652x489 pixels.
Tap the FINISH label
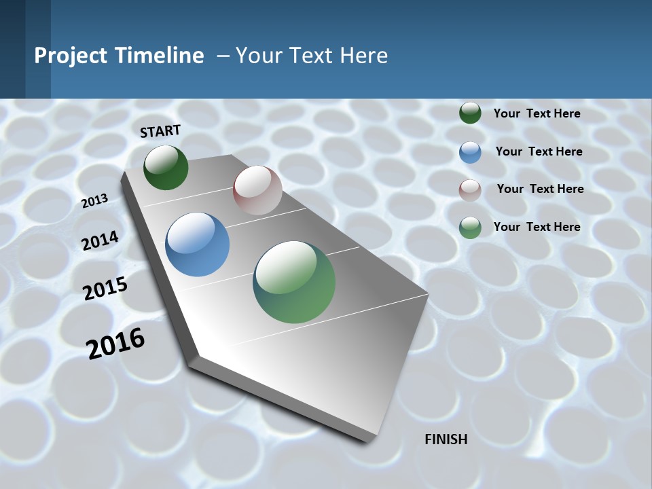pos(446,439)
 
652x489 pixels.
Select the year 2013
pos(95,200)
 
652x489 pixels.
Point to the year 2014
pos(101,240)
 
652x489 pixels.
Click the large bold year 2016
pos(116,343)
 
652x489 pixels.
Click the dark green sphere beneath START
pos(166,167)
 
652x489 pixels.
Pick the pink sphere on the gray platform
pos(257,190)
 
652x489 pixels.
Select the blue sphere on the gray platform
pos(198,244)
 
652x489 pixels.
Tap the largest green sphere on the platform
pos(294,282)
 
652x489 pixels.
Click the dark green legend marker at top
pos(470,113)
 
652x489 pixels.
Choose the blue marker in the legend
pos(470,152)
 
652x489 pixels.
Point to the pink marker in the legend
pos(470,190)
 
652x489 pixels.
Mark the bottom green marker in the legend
pos(470,228)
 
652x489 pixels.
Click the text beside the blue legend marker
pos(539,151)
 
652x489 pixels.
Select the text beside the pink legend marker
pos(540,189)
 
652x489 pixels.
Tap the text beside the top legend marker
pos(537,113)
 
